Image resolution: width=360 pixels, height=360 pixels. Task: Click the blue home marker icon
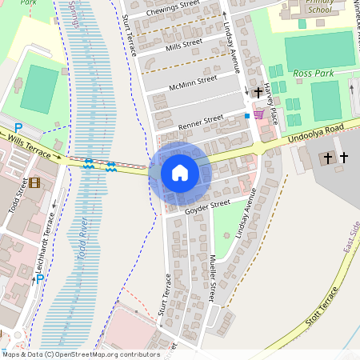180,173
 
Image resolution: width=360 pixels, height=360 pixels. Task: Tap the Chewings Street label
170,11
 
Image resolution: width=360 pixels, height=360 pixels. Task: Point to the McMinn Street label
193,82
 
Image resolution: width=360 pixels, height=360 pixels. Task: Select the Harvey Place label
270,105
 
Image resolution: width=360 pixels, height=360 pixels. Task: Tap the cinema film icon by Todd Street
34,182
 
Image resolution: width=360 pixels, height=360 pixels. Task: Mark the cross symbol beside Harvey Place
258,93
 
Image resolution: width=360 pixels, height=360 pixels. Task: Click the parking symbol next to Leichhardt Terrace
39,281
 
